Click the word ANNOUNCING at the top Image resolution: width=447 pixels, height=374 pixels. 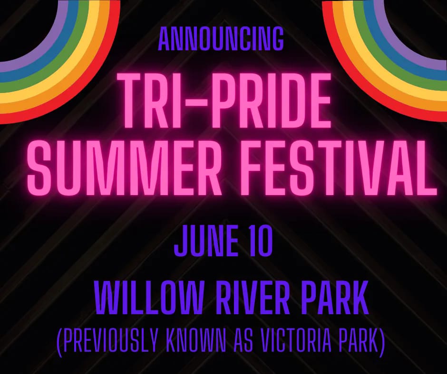click(x=221, y=39)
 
